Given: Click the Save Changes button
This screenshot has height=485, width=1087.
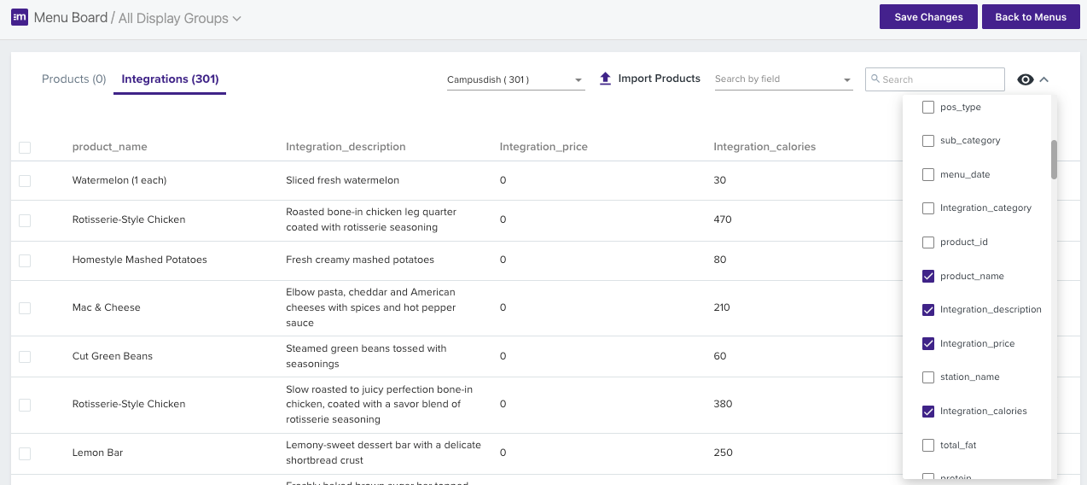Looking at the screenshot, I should [x=928, y=17].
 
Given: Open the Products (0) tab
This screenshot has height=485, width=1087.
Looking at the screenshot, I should [x=73, y=79].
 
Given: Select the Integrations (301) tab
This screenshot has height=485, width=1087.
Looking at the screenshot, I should [x=170, y=79].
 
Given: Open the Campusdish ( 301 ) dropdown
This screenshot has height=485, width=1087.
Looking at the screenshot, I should [x=514, y=79].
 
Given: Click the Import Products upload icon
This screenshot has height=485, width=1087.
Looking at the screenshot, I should [x=606, y=79].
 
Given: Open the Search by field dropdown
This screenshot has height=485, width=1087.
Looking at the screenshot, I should [x=782, y=79].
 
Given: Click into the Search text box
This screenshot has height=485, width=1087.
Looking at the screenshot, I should [x=939, y=79].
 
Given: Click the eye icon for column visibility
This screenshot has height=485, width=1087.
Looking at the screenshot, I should [x=1026, y=79].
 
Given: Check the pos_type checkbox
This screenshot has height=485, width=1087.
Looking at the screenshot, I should [x=928, y=108].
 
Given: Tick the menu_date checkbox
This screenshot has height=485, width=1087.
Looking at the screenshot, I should [x=928, y=175].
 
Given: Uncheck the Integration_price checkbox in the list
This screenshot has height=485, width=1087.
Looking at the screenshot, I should [x=928, y=344].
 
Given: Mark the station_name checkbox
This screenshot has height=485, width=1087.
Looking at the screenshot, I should [x=928, y=377].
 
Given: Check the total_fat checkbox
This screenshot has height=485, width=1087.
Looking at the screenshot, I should [x=928, y=446].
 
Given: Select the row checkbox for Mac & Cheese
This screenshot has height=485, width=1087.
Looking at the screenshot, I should [x=25, y=307].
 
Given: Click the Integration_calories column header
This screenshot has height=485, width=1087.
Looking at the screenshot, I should [x=764, y=147].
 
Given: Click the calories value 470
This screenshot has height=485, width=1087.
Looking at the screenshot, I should [x=723, y=219].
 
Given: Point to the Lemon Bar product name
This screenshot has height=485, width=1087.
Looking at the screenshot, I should [x=97, y=453].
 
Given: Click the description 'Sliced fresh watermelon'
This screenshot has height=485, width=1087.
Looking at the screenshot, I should [x=342, y=180].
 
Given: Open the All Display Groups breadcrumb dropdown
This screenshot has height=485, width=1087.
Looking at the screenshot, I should [x=179, y=18].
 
